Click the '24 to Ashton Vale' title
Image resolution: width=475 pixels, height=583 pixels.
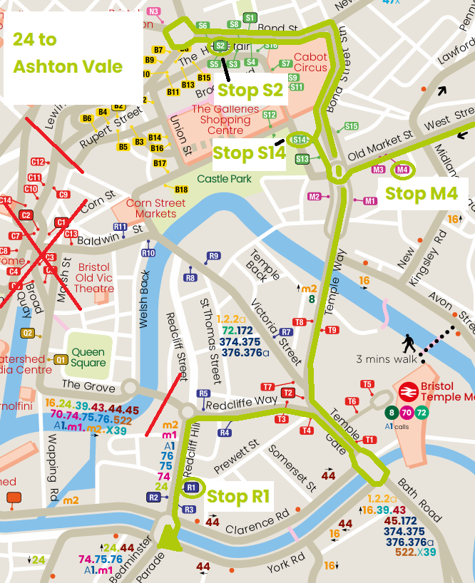pos(68,53)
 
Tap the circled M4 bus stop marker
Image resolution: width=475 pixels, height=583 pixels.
pos(402,170)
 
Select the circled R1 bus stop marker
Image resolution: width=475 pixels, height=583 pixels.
pos(190,487)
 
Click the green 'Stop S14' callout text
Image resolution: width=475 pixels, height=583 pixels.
pos(249,153)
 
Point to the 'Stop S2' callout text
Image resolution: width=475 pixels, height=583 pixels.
pos(250,91)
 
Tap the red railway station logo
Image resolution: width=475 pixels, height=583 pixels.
pos(408,391)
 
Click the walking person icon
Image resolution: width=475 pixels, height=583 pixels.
pos(409,344)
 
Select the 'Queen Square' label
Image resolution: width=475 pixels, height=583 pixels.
pos(88,358)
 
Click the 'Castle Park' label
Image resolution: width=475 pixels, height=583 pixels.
pos(224,179)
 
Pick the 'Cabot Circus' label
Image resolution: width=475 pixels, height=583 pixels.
pos(310,63)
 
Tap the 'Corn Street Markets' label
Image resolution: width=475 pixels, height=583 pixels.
pos(155,209)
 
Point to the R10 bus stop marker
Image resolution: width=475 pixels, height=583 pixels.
pos(148,253)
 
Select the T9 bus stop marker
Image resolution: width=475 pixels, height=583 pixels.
pos(331,330)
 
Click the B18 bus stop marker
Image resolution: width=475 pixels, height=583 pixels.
pos(181,190)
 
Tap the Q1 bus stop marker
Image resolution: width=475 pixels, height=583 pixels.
pos(61,360)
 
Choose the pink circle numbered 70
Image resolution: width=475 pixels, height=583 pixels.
pos(407,413)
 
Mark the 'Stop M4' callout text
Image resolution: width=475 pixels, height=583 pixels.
pos(421,193)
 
